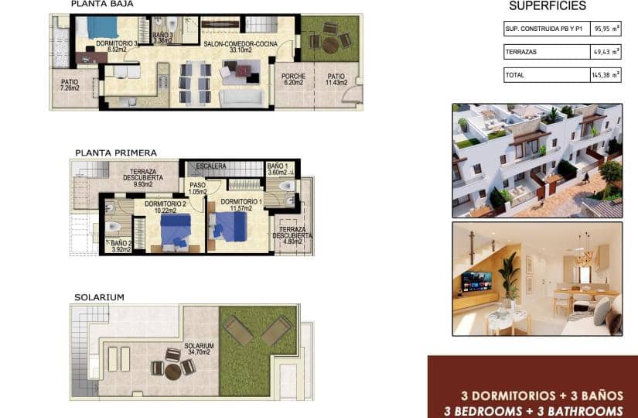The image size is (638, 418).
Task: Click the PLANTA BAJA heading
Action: pos(100,5)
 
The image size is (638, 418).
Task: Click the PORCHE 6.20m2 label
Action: pos(294,79)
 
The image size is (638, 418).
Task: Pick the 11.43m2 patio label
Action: pos(336,79)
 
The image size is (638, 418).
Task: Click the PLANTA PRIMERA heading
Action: pos(116,153)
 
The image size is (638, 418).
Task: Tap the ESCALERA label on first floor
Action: pos(210,166)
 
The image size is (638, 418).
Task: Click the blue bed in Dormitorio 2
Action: pos(176,230)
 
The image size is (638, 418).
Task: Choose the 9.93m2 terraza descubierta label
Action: pos(142,179)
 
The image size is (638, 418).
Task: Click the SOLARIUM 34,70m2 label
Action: pos(197,348)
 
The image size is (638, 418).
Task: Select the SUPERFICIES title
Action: pos(548,6)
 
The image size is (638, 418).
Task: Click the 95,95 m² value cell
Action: pos(606,29)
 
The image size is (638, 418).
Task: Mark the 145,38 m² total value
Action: pos(606,75)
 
